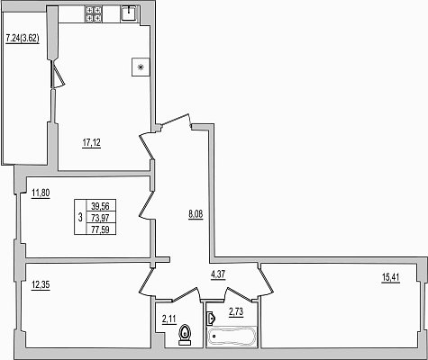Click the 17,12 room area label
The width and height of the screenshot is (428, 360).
pyautogui.click(x=92, y=143)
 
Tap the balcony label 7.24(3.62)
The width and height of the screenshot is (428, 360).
pyautogui.click(x=23, y=39)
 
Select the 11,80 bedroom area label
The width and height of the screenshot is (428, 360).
pyautogui.click(x=41, y=193)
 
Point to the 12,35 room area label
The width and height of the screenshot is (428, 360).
pyautogui.click(x=41, y=284)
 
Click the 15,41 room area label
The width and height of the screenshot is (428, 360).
pyautogui.click(x=390, y=278)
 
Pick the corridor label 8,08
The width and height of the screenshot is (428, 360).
pyautogui.click(x=196, y=215)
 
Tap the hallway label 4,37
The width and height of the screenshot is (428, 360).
pyautogui.click(x=218, y=274)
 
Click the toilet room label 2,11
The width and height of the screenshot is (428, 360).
pyautogui.click(x=168, y=319)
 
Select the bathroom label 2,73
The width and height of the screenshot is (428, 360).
pyautogui.click(x=236, y=312)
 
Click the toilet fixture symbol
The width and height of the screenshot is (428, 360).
pyautogui.click(x=185, y=335)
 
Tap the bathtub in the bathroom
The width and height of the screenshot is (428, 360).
pyautogui.click(x=232, y=337)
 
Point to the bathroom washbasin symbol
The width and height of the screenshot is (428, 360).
pyautogui.click(x=211, y=318)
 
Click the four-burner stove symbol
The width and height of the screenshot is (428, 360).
pyautogui.click(x=95, y=14)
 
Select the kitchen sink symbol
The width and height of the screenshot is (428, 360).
pyautogui.click(x=130, y=14)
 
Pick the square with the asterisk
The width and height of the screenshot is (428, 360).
pyautogui.click(x=141, y=67)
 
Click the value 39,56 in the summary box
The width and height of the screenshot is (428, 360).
pyautogui.click(x=101, y=206)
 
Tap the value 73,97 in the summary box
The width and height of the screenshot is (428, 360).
pyautogui.click(x=101, y=218)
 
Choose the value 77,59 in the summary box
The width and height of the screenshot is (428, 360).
pyautogui.click(x=101, y=229)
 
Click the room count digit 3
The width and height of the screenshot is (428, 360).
pyautogui.click(x=80, y=217)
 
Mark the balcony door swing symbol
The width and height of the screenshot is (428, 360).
pyautogui.click(x=58, y=75)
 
